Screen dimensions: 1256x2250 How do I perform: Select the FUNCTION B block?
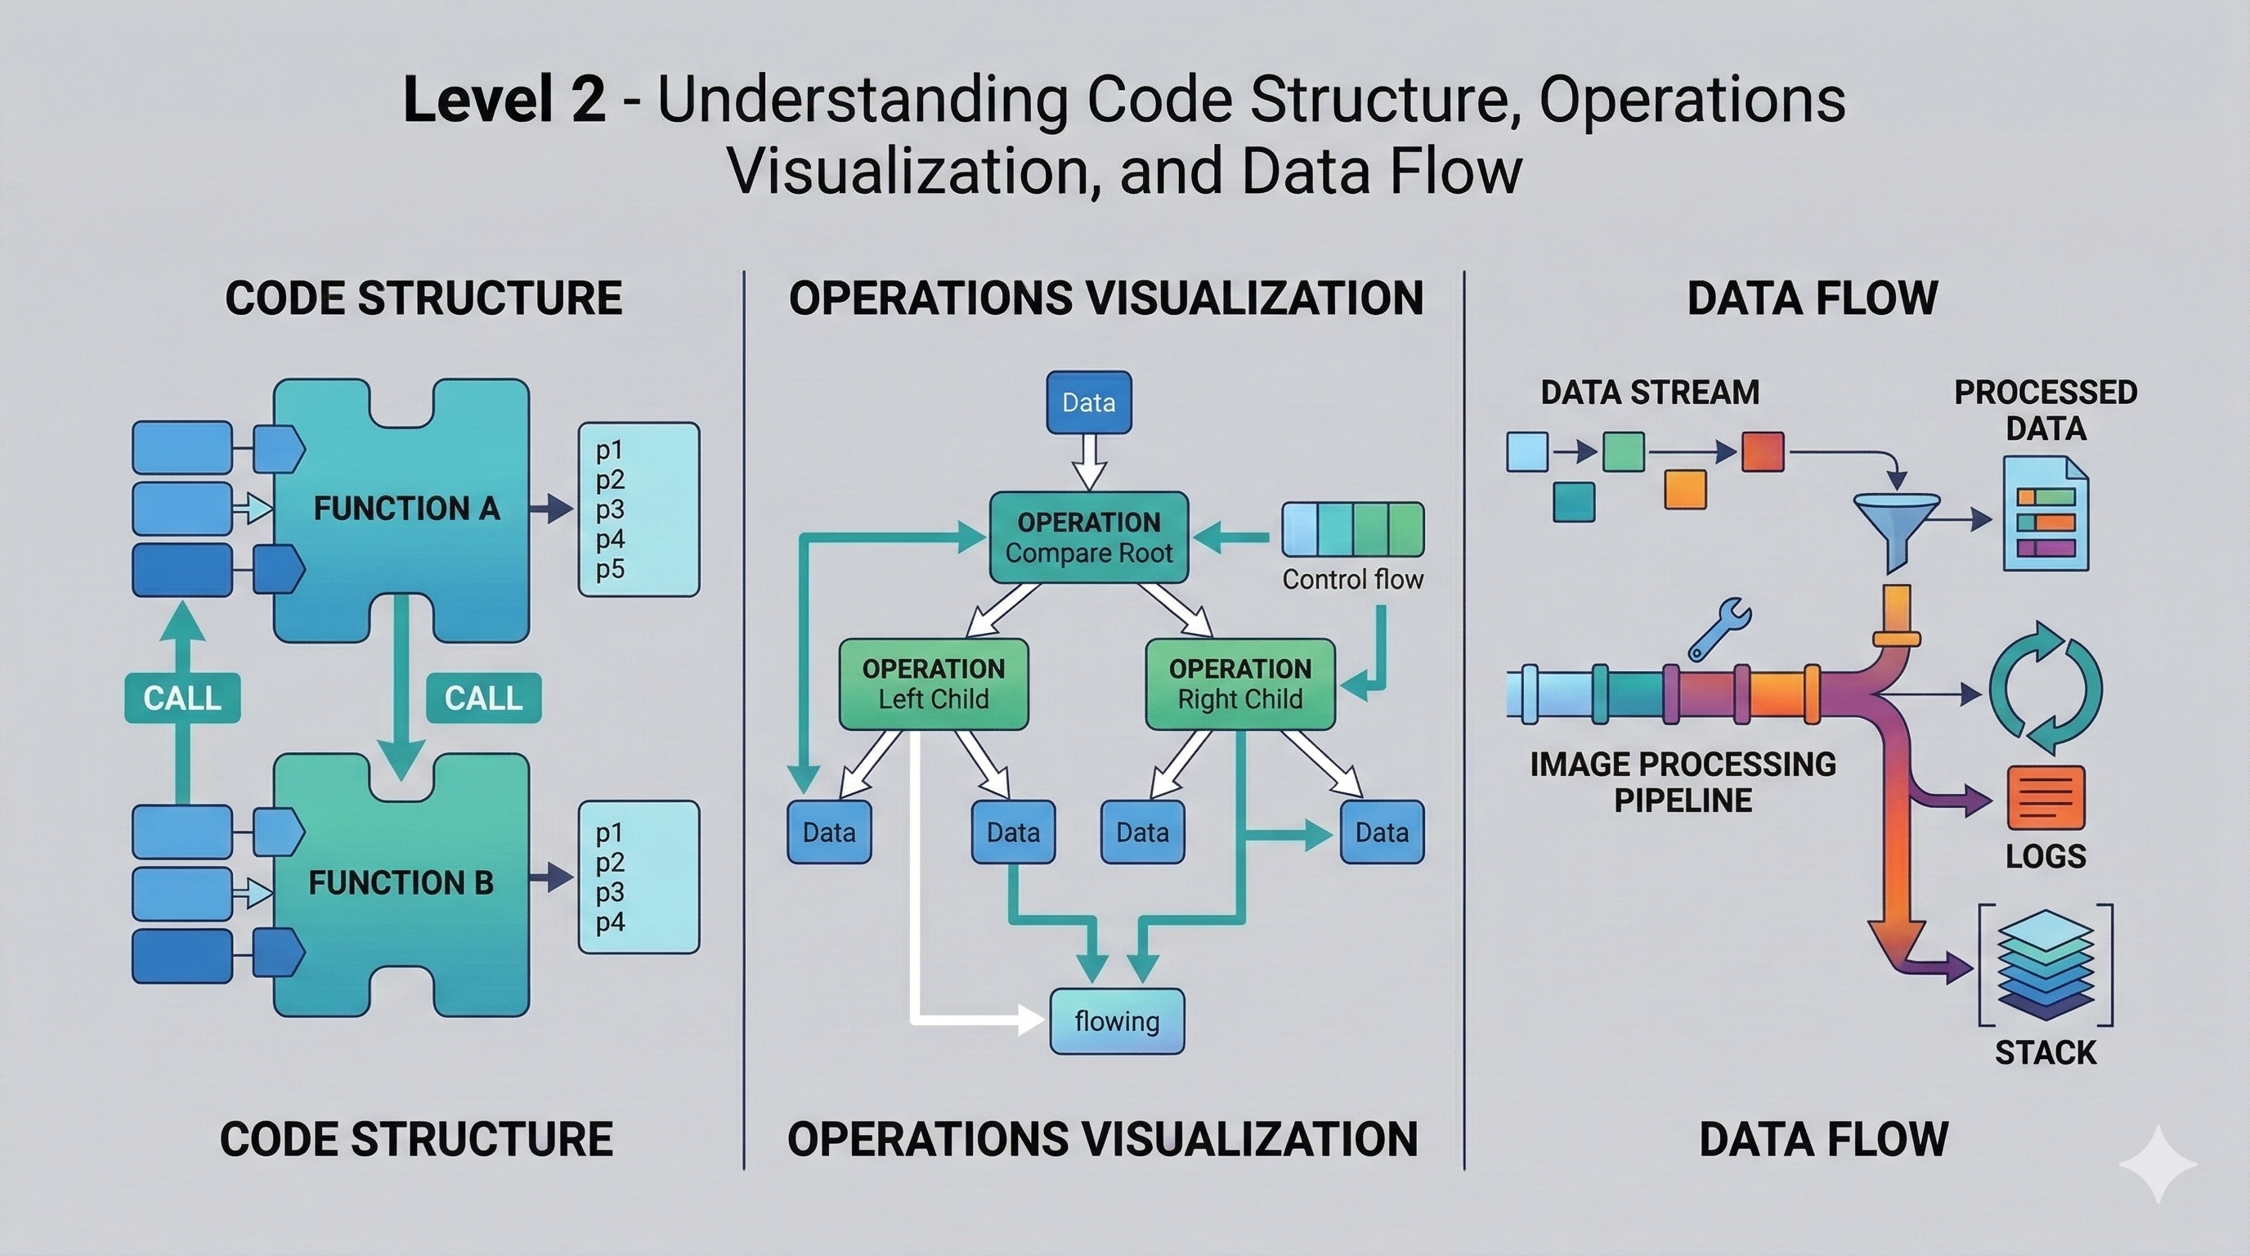(401, 884)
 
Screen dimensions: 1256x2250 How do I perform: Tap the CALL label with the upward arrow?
(182, 698)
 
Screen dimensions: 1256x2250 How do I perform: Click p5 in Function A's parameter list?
(610, 569)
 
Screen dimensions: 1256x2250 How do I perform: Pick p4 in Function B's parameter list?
(610, 922)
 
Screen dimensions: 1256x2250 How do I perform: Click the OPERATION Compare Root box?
(1088, 537)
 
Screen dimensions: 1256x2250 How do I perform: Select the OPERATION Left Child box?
(933, 684)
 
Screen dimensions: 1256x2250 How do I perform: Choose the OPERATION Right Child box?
(1239, 684)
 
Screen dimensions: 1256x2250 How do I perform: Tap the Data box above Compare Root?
(1088, 402)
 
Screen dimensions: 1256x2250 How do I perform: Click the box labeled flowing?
(1116, 1021)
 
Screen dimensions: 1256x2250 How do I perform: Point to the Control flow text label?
(1352, 579)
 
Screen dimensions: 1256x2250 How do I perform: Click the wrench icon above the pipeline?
(1719, 629)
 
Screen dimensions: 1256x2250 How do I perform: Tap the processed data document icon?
(2046, 515)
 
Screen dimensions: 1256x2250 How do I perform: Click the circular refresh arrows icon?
(2046, 689)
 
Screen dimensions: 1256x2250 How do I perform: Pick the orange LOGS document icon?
(2046, 797)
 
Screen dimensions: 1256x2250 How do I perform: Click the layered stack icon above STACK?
(2046, 965)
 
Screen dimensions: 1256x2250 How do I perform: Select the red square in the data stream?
(1763, 451)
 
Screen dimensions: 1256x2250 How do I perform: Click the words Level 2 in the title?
(504, 99)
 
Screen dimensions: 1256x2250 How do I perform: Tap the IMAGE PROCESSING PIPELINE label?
(1683, 782)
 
